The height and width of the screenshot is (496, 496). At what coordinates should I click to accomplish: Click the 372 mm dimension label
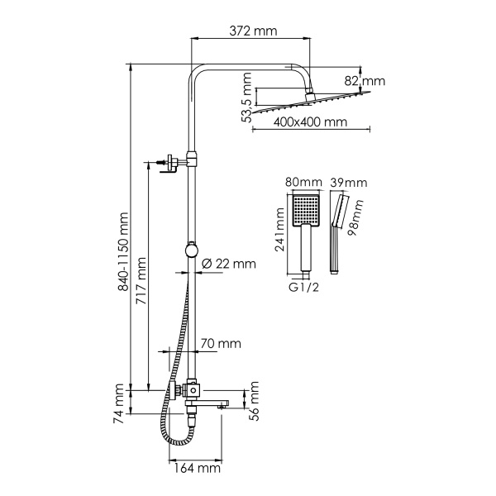253,31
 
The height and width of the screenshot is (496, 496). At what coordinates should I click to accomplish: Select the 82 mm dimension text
365,81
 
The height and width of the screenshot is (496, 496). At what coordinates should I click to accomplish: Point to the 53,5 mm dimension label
246,98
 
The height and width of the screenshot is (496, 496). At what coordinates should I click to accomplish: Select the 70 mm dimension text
221,342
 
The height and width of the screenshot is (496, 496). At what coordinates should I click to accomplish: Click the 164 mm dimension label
199,469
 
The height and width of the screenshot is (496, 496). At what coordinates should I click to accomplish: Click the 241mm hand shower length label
280,234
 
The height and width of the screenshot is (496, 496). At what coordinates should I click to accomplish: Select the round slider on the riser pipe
191,251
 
